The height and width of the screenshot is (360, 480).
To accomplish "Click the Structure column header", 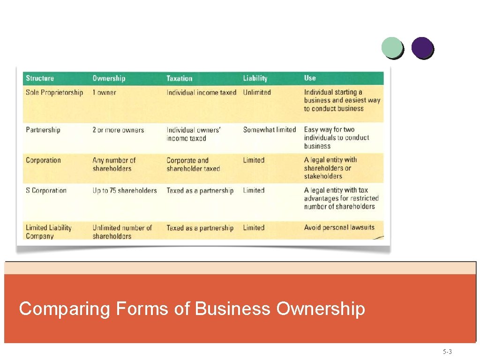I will point(40,78).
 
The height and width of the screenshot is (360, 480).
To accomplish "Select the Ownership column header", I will point(109,78).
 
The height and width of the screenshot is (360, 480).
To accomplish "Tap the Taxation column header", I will point(180,78).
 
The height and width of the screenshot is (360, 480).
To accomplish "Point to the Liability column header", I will point(255,78).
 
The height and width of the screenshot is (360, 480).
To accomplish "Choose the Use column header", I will point(310,78).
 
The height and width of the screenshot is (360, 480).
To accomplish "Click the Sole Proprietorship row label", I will point(54,92).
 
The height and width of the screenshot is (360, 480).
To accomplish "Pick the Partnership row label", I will point(43,130).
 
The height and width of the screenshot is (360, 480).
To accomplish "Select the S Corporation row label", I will point(46,190).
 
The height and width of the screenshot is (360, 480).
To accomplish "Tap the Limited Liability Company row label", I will point(49,232).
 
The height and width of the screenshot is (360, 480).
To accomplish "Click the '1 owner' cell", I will point(104,92).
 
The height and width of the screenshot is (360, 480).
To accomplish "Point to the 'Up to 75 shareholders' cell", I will point(125,190).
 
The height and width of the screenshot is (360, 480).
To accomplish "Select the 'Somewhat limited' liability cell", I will point(270,130).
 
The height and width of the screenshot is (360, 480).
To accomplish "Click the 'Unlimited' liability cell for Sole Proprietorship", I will point(257,92).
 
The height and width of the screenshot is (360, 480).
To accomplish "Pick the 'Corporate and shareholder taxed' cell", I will point(193,164).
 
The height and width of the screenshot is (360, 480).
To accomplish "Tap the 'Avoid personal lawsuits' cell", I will point(339,227).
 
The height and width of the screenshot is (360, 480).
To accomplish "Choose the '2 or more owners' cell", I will point(118,130).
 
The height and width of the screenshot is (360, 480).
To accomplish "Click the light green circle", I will point(392,47).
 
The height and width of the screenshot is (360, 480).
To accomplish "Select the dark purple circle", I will point(422,47).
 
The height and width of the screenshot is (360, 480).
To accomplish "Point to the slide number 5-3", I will point(447,352).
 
